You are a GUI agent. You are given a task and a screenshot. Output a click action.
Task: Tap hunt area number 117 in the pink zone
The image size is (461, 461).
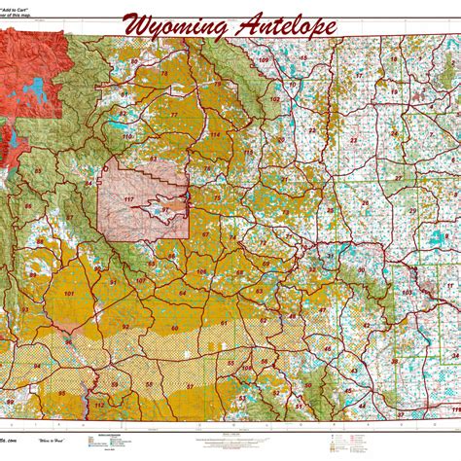127,200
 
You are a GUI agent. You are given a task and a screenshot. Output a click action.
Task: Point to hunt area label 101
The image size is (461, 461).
69,293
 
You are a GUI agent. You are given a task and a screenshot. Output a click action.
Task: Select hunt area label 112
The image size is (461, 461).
99,404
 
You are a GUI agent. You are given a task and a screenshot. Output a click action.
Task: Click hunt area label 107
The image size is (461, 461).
141,281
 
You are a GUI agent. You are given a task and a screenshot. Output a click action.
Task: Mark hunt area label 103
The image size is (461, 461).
407,292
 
